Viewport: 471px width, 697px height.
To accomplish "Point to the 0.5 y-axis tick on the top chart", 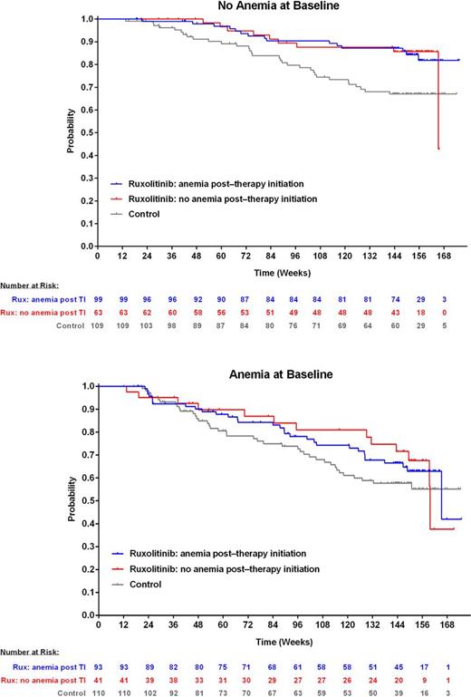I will coord(86,132).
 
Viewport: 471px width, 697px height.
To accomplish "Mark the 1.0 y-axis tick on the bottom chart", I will coord(86,386).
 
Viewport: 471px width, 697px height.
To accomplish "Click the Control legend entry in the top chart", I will coord(145,214).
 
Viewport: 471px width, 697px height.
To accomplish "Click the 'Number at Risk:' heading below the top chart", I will coord(29,284).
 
